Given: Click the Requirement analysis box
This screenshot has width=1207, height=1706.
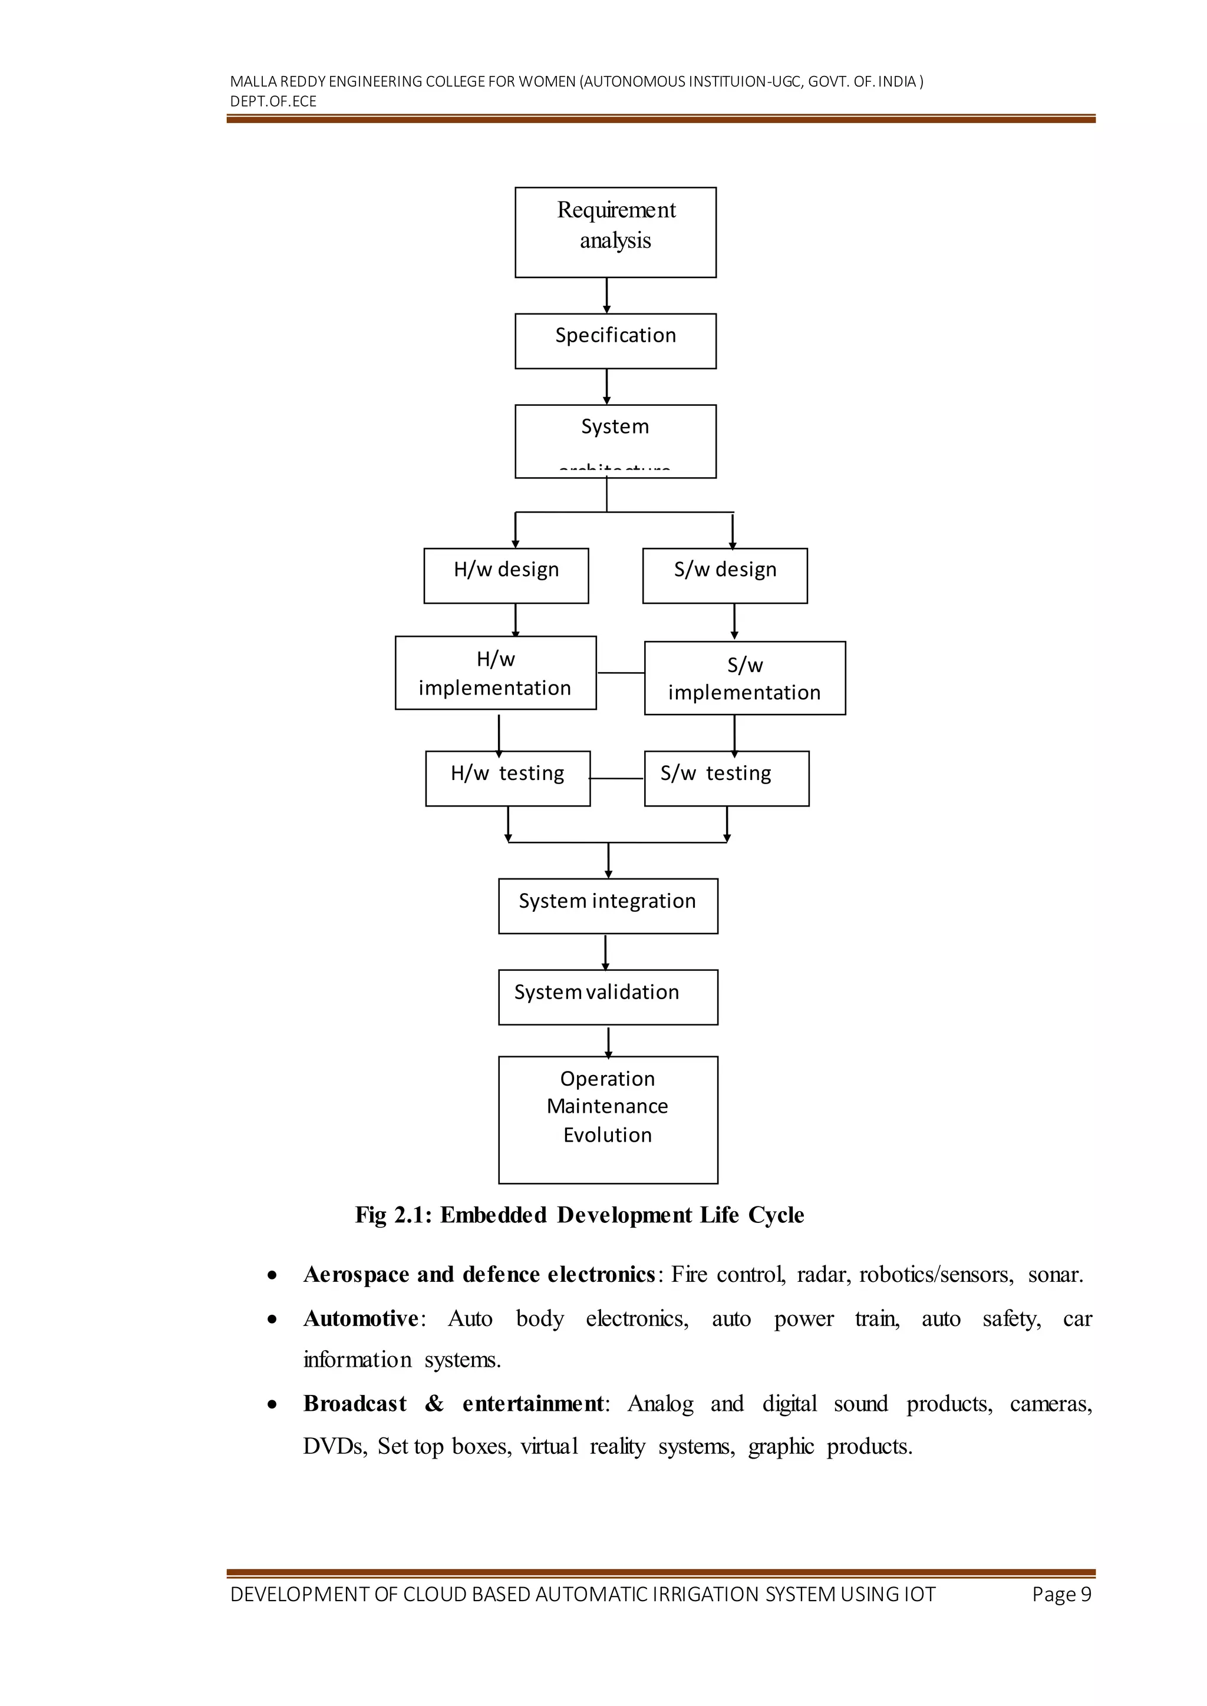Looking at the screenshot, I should point(615,232).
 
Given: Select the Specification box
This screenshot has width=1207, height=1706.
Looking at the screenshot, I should point(615,340).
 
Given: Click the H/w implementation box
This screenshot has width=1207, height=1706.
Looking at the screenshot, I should point(495,672).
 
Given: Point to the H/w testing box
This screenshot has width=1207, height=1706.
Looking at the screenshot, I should point(507,778).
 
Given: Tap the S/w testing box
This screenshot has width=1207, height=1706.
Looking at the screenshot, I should point(726,778).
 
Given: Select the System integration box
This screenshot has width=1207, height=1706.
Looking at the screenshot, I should point(608,906).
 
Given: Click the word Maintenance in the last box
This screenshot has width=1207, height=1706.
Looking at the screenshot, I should point(607,1106).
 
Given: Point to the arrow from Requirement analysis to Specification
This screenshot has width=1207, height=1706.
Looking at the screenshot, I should point(606,296).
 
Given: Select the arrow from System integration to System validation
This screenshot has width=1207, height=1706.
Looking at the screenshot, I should point(606,952).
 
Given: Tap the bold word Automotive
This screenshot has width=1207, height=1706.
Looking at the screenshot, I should point(361,1318).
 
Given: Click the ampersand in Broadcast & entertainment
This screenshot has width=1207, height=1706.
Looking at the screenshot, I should point(434,1404).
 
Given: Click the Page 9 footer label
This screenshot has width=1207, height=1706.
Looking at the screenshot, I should point(1061,1595).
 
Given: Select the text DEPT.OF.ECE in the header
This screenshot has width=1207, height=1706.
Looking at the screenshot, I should point(273,102).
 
